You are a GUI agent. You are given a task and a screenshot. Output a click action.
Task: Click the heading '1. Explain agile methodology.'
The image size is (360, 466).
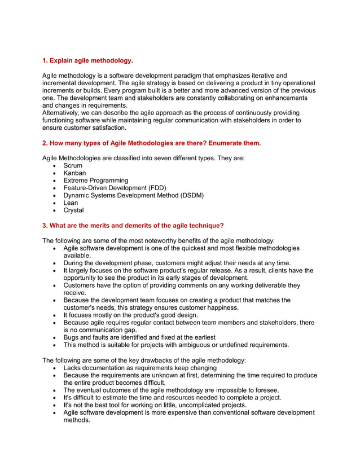tap(88, 60)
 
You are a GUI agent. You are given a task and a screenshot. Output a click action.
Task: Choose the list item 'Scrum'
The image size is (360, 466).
tap(73, 166)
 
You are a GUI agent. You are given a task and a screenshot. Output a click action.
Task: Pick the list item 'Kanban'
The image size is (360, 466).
tap(75, 173)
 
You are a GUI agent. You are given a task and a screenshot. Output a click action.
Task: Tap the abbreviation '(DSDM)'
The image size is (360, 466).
tap(191, 195)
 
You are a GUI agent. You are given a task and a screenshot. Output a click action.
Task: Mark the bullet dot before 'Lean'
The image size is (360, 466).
tap(54, 203)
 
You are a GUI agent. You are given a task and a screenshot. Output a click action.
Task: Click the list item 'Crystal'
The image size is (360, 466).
tap(74, 210)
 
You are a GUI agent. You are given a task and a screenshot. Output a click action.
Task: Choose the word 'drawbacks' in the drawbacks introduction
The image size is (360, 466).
tap(138, 360)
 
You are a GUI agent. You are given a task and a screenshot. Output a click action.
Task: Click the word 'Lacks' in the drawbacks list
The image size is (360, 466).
tap(73, 368)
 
